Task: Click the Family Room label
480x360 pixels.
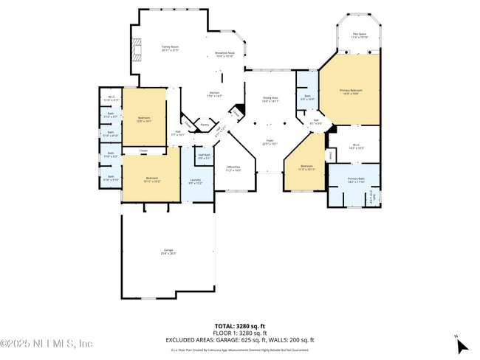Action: tap(171, 49)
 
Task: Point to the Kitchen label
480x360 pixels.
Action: tap(215, 94)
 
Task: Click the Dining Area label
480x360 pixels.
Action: tap(270, 100)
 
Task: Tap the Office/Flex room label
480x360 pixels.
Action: tap(233, 168)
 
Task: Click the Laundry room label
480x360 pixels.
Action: tap(195, 181)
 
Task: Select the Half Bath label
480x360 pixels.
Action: tap(204, 156)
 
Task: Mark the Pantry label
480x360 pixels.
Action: tap(204, 125)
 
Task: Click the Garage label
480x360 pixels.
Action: tap(168, 252)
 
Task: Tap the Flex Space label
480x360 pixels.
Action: tap(360, 35)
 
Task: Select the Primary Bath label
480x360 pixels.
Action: tap(356, 180)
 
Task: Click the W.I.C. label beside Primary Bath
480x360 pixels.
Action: tap(355, 147)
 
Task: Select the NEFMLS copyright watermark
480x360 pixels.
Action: tap(46, 343)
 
